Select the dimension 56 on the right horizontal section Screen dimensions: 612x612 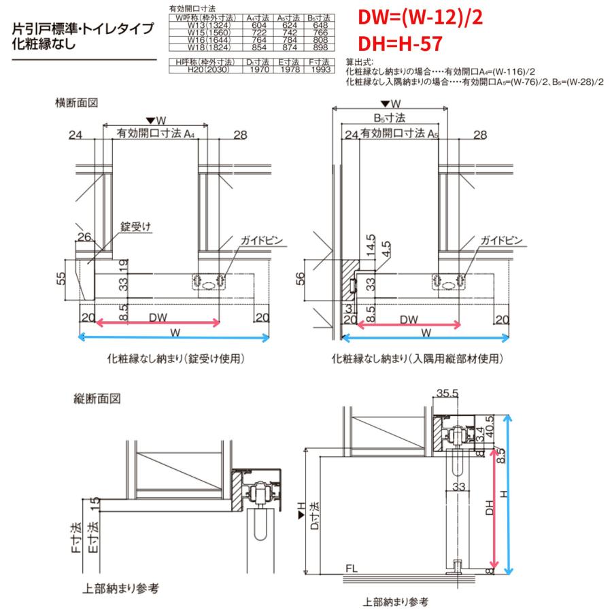tap(302, 278)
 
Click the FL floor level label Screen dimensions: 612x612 tap(352, 567)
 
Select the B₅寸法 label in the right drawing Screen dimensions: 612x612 tap(389, 118)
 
